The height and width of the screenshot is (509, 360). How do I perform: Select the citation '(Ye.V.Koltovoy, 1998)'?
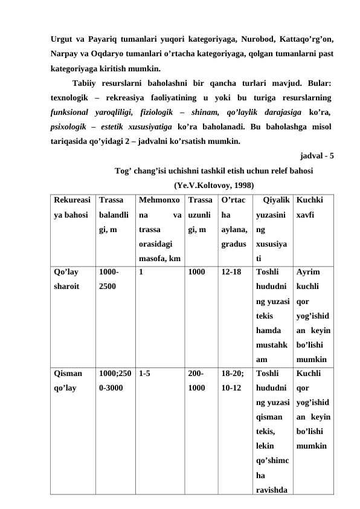(213, 185)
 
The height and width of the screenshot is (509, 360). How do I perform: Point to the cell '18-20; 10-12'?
(233, 381)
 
